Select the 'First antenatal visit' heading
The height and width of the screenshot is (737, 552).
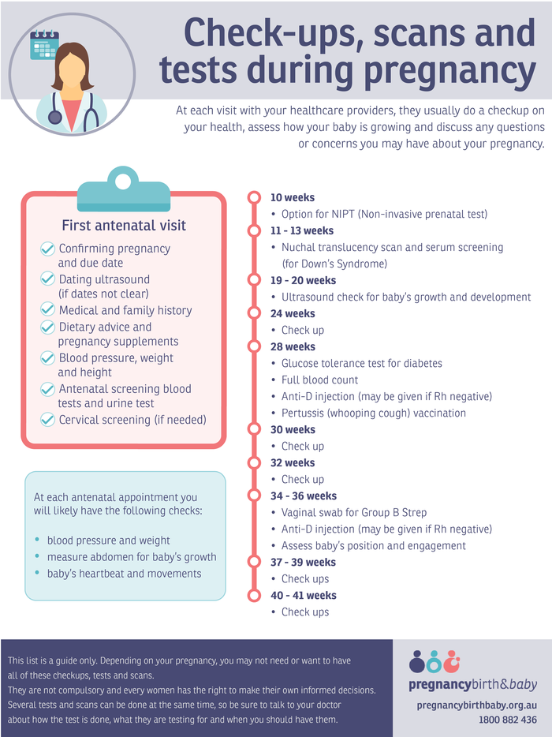[x=124, y=226]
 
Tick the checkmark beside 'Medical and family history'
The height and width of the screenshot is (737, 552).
[x=48, y=310]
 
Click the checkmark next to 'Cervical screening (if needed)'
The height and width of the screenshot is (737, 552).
[x=48, y=420]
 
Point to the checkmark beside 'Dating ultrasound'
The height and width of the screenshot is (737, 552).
[x=48, y=279]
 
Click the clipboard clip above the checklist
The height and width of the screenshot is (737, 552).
[x=123, y=189]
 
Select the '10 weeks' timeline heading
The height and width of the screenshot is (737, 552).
[x=292, y=198]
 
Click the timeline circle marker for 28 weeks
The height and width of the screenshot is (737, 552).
[x=254, y=346]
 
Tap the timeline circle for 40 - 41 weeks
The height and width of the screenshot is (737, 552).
[x=254, y=596]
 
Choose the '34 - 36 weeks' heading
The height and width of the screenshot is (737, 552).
[x=303, y=496]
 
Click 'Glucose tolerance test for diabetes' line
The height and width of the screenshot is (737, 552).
[x=361, y=364]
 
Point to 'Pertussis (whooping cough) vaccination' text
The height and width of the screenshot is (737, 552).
[x=373, y=413]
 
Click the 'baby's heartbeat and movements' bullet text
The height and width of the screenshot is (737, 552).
[x=124, y=574]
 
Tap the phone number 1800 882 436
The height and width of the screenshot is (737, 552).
[x=507, y=720]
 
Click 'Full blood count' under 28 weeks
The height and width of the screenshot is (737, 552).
[x=319, y=380]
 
